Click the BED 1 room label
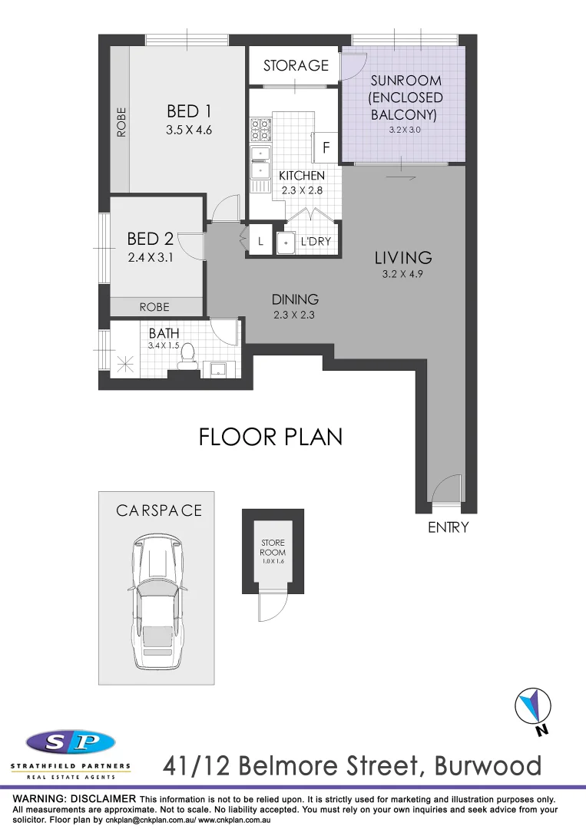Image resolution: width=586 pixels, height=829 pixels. click(188, 111)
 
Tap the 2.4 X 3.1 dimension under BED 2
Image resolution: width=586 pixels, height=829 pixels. click(151, 258)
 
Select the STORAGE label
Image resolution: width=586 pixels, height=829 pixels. click(296, 66)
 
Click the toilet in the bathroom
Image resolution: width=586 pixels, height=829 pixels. click(187, 359)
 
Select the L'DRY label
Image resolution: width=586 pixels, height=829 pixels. click(316, 242)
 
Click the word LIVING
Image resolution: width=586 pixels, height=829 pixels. click(403, 258)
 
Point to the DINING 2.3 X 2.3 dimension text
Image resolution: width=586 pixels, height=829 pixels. click(295, 315)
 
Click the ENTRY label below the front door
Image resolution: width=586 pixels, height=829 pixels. click(448, 528)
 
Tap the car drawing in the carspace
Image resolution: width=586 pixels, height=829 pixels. click(157, 603)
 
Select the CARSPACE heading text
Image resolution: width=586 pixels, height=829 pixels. click(159, 510)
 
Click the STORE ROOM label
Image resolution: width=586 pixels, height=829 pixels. click(273, 548)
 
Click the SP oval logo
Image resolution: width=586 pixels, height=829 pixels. click(71, 742)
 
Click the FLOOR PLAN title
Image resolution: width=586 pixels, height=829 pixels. click(270, 437)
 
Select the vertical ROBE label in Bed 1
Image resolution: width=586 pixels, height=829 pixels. click(121, 121)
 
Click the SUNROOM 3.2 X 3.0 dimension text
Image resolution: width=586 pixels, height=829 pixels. click(405, 130)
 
